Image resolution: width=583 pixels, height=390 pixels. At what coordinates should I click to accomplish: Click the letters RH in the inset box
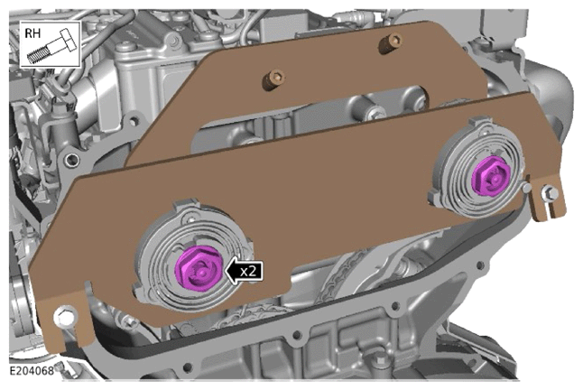click(32, 33)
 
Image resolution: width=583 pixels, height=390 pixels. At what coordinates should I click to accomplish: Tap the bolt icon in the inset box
click(52, 47)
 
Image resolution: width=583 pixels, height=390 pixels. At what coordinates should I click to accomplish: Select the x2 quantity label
click(248, 272)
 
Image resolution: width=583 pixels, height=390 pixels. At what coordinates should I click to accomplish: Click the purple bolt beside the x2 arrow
click(199, 266)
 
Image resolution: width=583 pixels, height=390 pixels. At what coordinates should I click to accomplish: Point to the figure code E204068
click(32, 371)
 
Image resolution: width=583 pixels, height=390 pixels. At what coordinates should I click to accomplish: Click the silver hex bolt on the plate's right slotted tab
click(551, 193)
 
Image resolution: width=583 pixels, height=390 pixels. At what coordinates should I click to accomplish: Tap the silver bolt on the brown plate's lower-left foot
click(66, 317)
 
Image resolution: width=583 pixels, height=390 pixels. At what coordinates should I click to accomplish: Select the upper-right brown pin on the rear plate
click(390, 42)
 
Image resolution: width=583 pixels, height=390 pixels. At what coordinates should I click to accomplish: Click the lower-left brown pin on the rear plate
click(273, 79)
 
